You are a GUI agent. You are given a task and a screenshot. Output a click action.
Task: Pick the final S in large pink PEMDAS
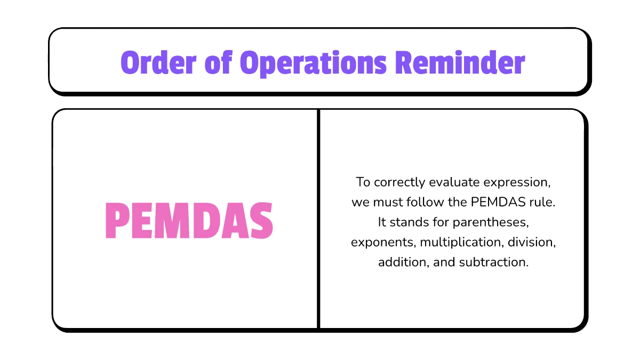pos(260,221)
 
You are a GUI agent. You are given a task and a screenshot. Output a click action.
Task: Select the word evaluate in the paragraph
pos(458,182)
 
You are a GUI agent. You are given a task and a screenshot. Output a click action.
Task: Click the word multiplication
pos(461,242)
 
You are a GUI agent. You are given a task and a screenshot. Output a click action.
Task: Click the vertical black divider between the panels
pos(319,219)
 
